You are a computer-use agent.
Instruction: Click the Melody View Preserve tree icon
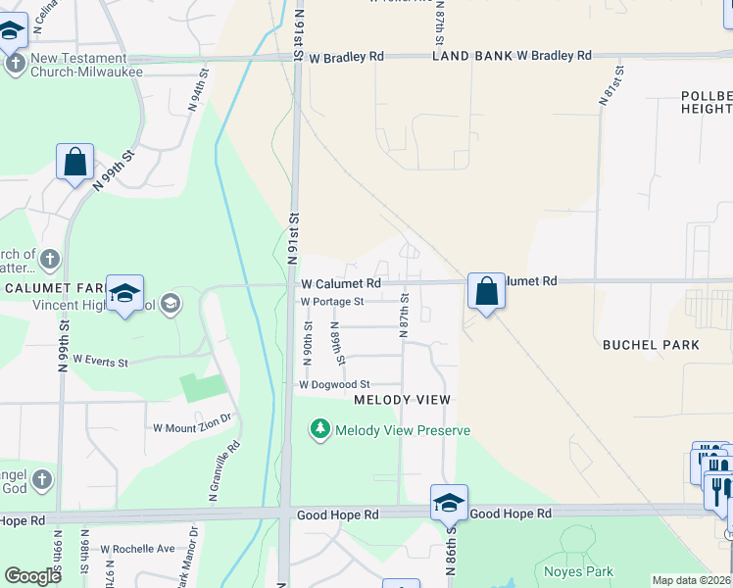(319, 429)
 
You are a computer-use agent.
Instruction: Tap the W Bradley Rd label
(346, 58)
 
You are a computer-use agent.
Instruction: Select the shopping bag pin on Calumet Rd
(486, 290)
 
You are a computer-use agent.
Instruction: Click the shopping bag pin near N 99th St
(75, 162)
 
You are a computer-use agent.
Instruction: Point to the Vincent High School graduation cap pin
(124, 293)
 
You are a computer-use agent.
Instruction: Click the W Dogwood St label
(334, 385)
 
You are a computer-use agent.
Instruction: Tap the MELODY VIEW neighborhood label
(402, 400)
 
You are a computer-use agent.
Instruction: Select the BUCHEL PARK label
(651, 345)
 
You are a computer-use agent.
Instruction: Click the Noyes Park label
(578, 571)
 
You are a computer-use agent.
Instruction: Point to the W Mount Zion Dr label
(192, 427)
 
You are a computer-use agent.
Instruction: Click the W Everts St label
(100, 362)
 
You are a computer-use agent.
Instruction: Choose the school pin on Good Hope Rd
(449, 504)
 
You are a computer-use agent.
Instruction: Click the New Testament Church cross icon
(15, 65)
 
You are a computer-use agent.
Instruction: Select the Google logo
(32, 576)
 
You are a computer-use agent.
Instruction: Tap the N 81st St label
(610, 87)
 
